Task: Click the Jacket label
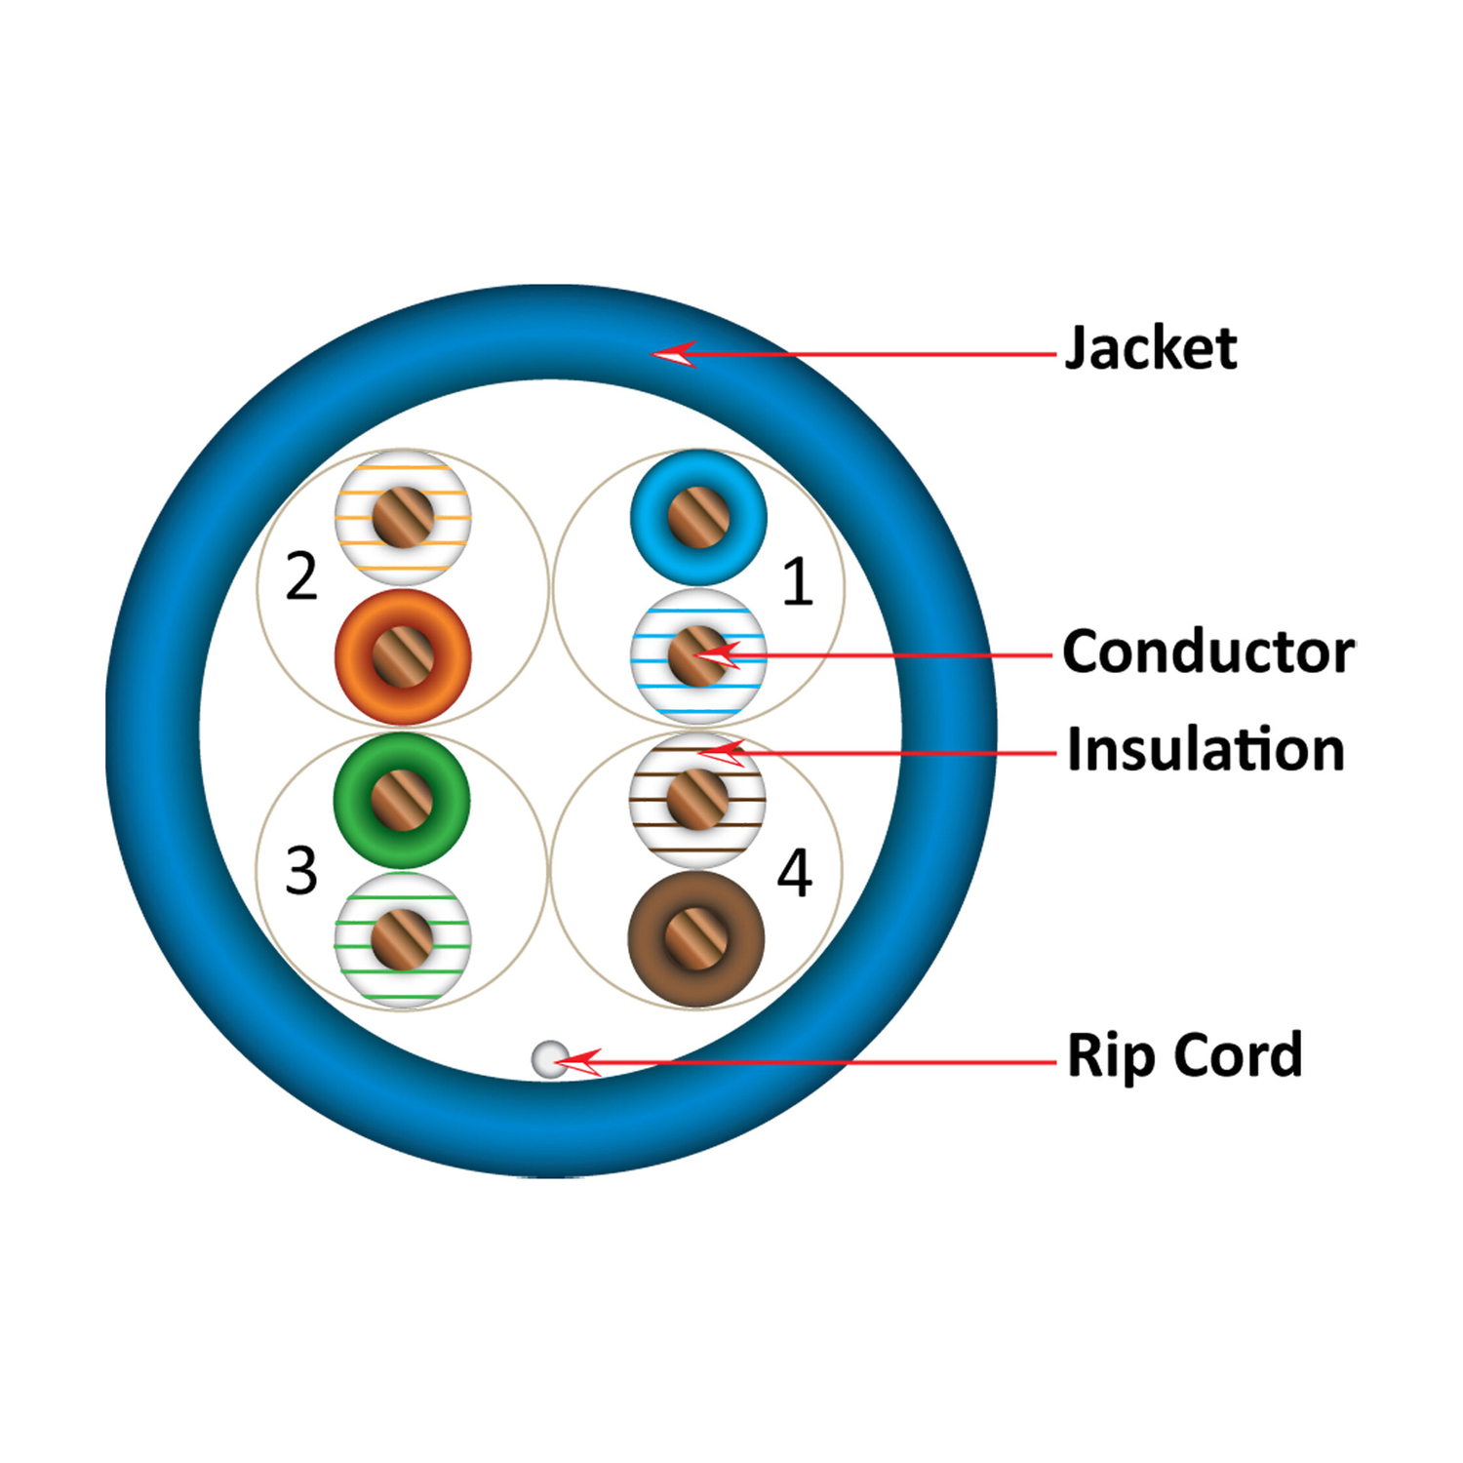tap(1151, 348)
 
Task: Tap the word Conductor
tap(1207, 652)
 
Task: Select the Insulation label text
tap(1206, 750)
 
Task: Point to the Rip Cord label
tap(1184, 1055)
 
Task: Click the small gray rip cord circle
tap(549, 1059)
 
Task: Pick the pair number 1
tap(797, 582)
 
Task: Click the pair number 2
tap(301, 576)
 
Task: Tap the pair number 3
tap(301, 870)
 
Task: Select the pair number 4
tap(794, 873)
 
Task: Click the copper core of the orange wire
tap(403, 656)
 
